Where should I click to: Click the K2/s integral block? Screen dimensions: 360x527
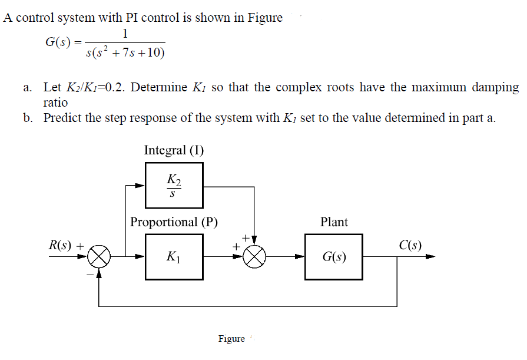pyautogui.click(x=174, y=186)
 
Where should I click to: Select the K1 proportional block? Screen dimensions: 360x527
pyautogui.click(x=174, y=257)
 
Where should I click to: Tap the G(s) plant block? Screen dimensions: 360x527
pyautogui.click(x=334, y=257)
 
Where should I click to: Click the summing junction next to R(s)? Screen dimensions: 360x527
pyautogui.click(x=100, y=257)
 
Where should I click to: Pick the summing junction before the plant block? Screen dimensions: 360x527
pyautogui.click(x=254, y=257)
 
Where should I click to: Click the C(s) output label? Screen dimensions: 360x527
pyautogui.click(x=410, y=244)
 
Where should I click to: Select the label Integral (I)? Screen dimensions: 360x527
pyautogui.click(x=174, y=150)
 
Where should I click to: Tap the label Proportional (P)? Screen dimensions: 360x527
pyautogui.click(x=174, y=222)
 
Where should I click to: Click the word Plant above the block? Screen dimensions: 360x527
pyautogui.click(x=334, y=222)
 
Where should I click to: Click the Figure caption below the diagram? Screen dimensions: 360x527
pyautogui.click(x=231, y=339)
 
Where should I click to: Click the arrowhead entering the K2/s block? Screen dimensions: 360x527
pyautogui.click(x=141, y=186)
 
